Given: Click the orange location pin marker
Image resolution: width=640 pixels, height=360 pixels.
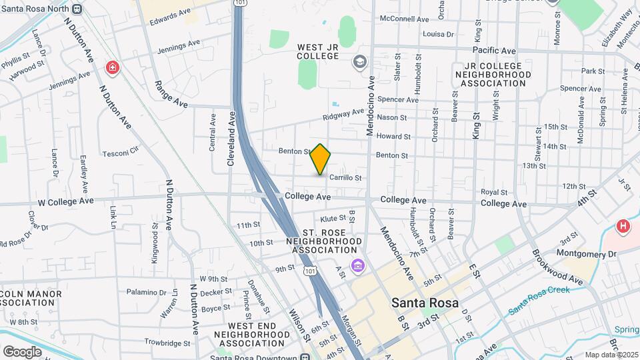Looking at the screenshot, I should [321, 159].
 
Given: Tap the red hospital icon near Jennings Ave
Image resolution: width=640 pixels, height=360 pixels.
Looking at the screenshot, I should [113, 67].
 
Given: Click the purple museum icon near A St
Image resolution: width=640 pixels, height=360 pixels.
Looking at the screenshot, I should [359, 266].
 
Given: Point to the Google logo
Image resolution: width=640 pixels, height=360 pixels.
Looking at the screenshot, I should [22, 351].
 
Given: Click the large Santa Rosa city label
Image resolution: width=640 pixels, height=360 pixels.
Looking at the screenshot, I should [425, 303].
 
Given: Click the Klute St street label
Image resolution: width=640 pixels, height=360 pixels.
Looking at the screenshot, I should [333, 218].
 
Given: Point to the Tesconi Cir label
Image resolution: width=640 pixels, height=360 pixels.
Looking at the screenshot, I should [120, 153].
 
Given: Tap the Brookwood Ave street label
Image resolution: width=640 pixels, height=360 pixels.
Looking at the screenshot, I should [557, 267].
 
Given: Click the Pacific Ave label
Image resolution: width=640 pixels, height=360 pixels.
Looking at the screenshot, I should [494, 50].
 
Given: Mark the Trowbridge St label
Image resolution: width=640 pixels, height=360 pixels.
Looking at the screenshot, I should [159, 343].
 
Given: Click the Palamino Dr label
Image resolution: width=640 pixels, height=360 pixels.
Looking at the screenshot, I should [147, 292].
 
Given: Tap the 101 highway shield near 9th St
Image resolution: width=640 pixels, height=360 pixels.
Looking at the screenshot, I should [309, 272].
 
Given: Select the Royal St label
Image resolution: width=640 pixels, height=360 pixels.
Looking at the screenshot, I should [494, 192].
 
